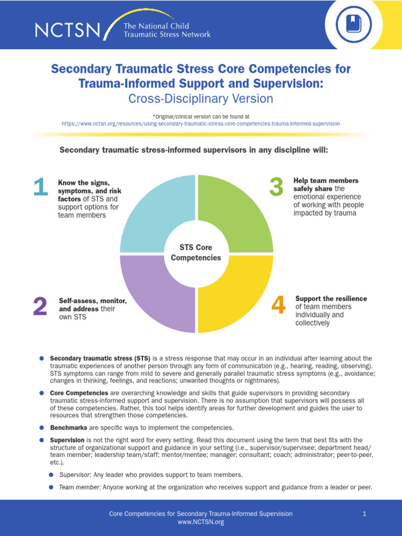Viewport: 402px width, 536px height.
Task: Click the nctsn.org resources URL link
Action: (x=200, y=124)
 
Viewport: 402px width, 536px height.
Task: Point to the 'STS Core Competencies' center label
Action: (x=196, y=252)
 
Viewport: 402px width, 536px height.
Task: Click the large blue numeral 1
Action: (x=40, y=188)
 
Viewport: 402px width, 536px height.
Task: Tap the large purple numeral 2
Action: (x=40, y=307)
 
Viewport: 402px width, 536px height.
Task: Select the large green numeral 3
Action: (x=276, y=188)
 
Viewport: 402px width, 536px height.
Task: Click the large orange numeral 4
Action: (x=278, y=306)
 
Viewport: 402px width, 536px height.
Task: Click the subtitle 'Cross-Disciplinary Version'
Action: (x=201, y=98)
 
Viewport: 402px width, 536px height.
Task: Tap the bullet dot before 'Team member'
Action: (x=51, y=487)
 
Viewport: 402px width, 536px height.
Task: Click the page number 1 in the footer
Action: (x=364, y=514)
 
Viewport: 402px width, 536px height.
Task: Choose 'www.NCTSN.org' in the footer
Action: (x=201, y=522)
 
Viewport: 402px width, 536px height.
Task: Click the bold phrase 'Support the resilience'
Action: (x=331, y=298)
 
